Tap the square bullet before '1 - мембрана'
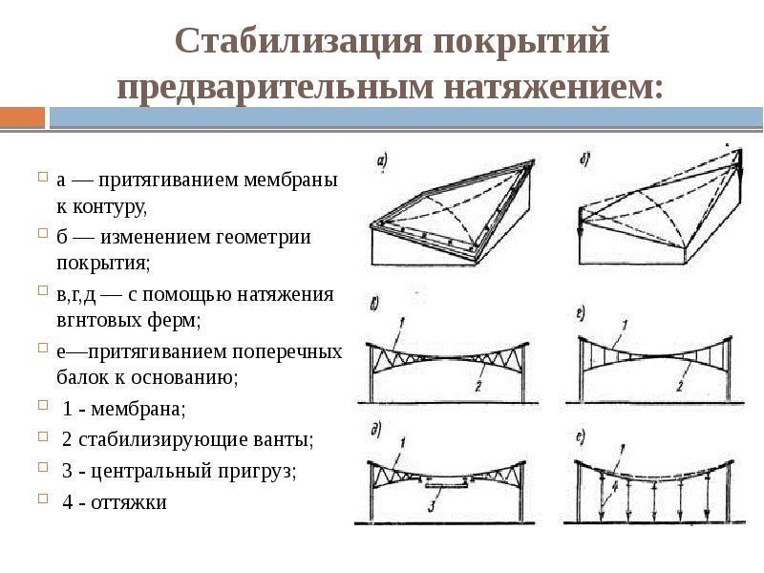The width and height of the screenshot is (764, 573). (43, 408)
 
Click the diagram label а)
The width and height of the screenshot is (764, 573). (380, 161)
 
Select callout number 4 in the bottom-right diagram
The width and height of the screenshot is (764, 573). (615, 485)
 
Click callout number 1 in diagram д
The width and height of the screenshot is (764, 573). (404, 441)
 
